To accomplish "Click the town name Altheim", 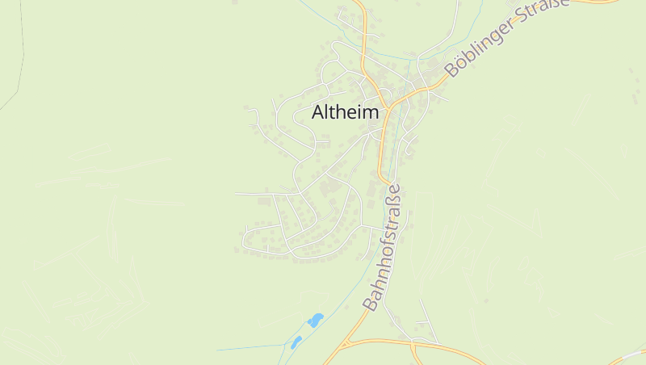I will (x=345, y=113).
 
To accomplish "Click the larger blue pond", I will (x=315, y=320).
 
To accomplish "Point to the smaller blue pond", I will (x=296, y=342).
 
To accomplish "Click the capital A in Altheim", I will (x=318, y=113).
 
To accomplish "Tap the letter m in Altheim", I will (x=370, y=113).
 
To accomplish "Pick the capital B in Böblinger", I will (x=451, y=70).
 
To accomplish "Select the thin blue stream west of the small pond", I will (x=250, y=348).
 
